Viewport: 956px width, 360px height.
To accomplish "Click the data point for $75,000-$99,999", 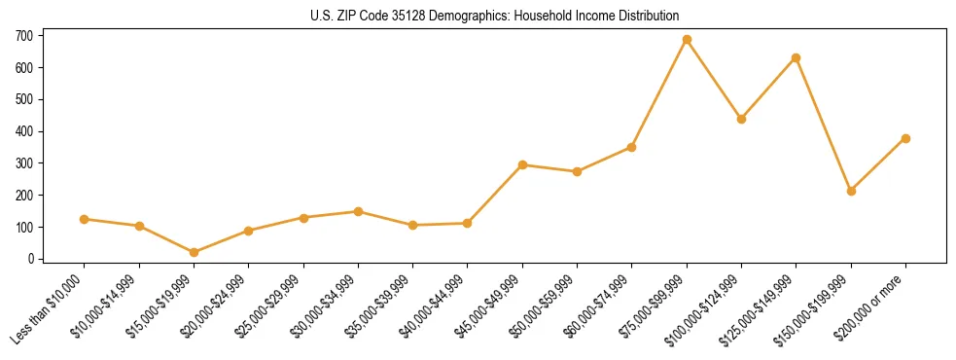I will click(687, 40).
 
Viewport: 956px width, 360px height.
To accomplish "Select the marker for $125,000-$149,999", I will click(796, 58).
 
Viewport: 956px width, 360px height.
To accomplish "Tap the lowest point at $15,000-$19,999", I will click(194, 252).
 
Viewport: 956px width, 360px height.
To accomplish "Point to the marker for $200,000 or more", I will click(905, 138).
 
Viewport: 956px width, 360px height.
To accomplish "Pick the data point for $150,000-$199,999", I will click(851, 191).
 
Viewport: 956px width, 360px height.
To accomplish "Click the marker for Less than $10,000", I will click(85, 219).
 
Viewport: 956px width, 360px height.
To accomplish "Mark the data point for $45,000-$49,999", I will click(522, 164).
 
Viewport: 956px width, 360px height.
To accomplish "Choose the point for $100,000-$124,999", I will click(741, 119).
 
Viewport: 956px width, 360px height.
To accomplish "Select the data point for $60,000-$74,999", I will click(631, 147).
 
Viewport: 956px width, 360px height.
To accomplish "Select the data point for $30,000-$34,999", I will click(358, 211).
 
